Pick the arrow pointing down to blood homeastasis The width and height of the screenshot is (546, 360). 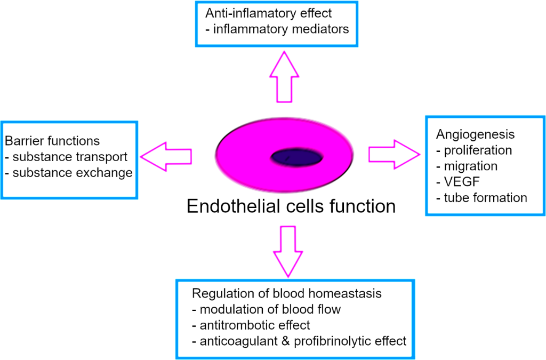[x=287, y=251]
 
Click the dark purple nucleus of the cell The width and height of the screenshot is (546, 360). [x=297, y=157]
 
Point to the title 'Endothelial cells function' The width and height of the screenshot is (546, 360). [x=291, y=205]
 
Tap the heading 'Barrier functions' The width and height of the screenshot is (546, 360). [x=52, y=141]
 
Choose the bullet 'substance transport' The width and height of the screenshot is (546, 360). [x=66, y=157]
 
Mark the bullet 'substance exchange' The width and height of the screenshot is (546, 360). [x=68, y=173]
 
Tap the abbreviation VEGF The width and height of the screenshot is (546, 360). [x=462, y=182]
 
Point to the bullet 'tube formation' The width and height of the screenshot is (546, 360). [x=481, y=198]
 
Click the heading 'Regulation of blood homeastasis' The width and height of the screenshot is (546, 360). [x=287, y=294]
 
